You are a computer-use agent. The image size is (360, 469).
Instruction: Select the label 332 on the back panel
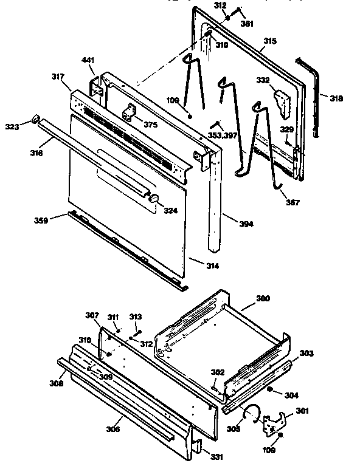(x=263, y=80)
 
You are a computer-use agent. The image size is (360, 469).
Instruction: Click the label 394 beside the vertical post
(x=246, y=224)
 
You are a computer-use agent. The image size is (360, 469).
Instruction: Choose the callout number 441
(x=89, y=60)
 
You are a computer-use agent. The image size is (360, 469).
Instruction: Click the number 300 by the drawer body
(x=263, y=300)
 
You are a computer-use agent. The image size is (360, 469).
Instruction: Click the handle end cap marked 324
(x=153, y=199)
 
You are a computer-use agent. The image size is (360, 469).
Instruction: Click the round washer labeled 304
(x=271, y=389)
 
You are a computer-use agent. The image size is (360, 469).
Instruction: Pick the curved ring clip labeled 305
(x=250, y=415)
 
